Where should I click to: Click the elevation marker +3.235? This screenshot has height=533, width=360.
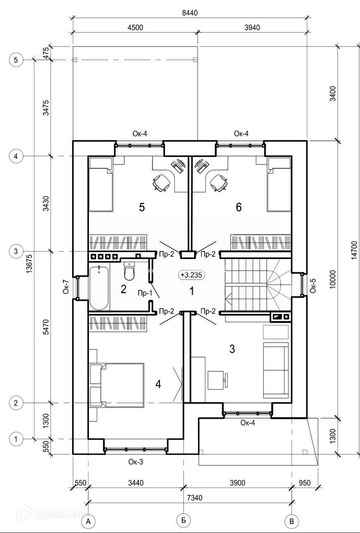(191, 275)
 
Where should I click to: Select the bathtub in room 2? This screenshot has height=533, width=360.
(99, 288)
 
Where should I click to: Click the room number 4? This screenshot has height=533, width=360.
(158, 384)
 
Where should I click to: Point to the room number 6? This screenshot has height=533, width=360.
(239, 207)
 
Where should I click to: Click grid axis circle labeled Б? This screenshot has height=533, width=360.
(184, 520)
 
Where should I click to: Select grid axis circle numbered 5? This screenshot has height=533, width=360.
(16, 60)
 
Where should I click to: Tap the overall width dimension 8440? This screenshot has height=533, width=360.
(190, 13)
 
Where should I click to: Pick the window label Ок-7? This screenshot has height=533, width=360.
(66, 287)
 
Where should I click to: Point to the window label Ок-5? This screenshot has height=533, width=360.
(313, 285)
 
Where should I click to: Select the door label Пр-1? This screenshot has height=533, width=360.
(145, 293)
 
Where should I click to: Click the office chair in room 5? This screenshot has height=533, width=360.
(162, 182)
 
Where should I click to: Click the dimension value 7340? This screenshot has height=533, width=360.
(195, 497)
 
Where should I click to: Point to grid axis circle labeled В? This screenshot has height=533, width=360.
(292, 521)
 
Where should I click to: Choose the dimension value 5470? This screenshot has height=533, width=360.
(46, 327)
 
